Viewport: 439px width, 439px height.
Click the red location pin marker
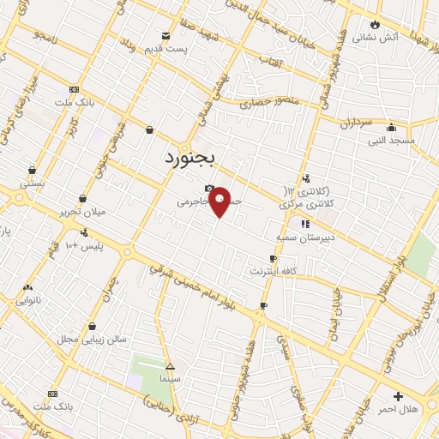pos(219,201)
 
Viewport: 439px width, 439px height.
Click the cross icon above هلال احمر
pos(398,396)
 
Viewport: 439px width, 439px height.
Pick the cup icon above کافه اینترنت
pos(273,258)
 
